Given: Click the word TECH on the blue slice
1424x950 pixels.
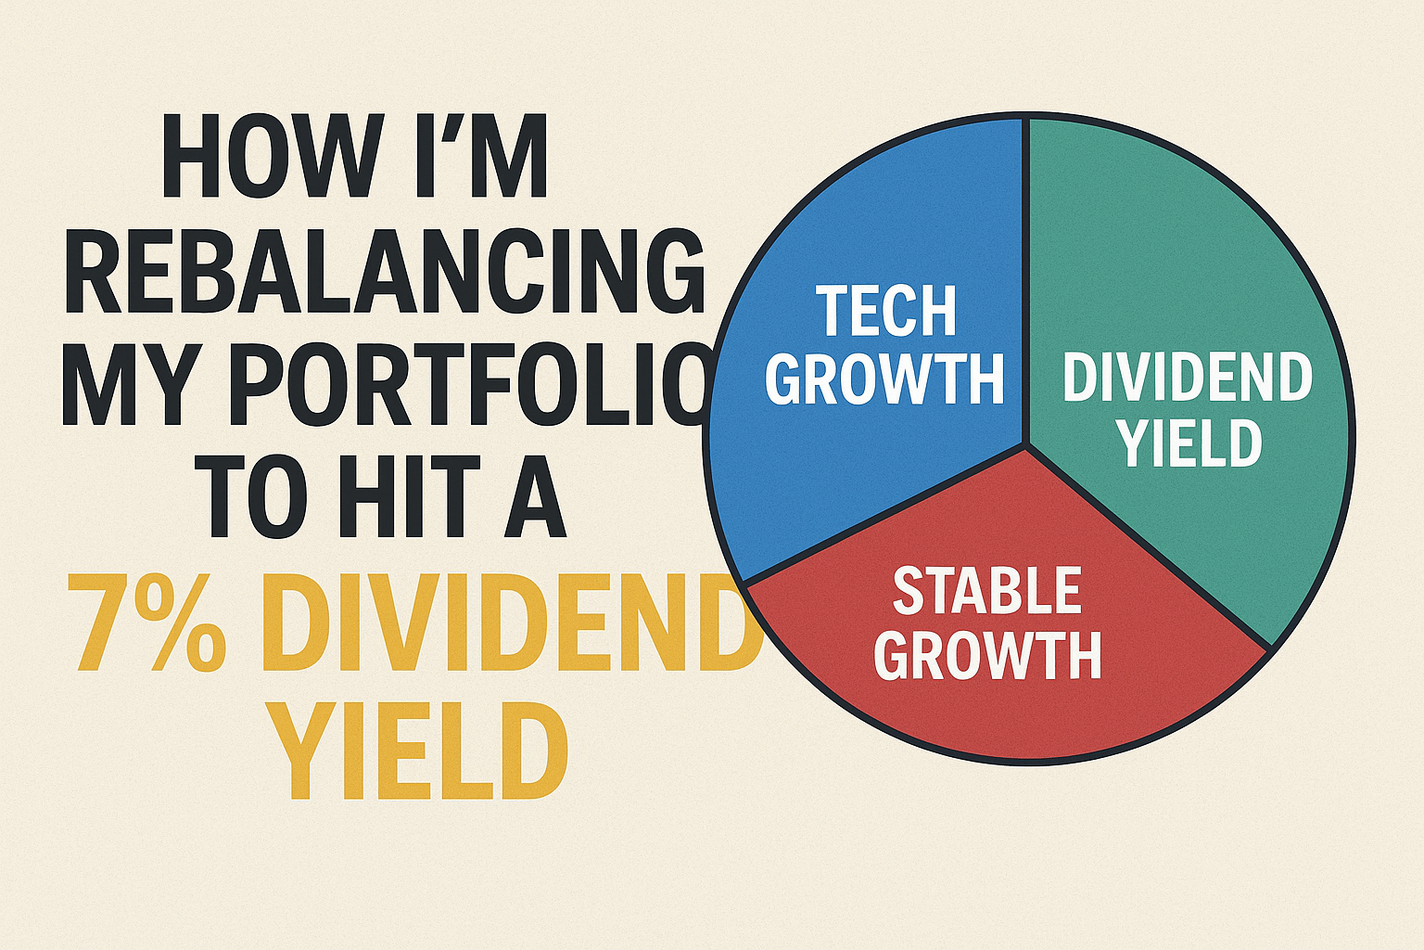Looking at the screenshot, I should (x=886, y=311).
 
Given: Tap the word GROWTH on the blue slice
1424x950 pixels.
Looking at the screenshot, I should (x=886, y=378).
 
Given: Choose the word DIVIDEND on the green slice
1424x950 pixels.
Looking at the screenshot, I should (x=1188, y=378).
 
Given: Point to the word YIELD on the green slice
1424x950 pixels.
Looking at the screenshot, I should (x=1189, y=443).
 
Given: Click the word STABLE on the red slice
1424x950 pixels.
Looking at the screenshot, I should (x=987, y=591).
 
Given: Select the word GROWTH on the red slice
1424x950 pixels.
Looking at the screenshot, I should (x=987, y=656).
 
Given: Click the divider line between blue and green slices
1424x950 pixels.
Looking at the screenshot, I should (x=1025, y=278).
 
